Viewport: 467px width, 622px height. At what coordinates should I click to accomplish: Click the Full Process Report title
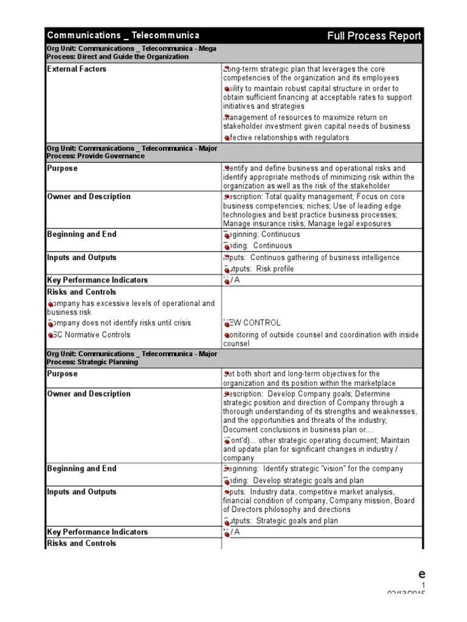point(373,36)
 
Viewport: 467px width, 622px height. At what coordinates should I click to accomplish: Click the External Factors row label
point(77,69)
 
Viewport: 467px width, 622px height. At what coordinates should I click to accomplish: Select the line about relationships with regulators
point(286,138)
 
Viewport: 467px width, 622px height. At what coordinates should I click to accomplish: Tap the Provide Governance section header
point(131,152)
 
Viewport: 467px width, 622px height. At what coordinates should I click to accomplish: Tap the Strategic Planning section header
point(131,358)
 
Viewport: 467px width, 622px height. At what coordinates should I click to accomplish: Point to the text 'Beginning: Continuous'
point(261,234)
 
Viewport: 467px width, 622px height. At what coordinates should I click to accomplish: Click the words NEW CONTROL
point(252,323)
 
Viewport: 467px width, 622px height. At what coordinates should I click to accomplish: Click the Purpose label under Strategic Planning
point(63,374)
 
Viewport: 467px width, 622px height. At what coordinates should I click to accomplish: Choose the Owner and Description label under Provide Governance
point(89,197)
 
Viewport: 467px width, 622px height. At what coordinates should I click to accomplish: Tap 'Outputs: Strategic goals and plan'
point(280,521)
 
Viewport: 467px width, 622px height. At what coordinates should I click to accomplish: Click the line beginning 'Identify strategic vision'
point(313,469)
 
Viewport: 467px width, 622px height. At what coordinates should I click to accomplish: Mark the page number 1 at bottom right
point(422,585)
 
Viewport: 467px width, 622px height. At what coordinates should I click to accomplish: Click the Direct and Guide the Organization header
point(131,53)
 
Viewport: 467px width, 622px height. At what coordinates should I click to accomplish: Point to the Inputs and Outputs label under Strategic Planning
point(81,492)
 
